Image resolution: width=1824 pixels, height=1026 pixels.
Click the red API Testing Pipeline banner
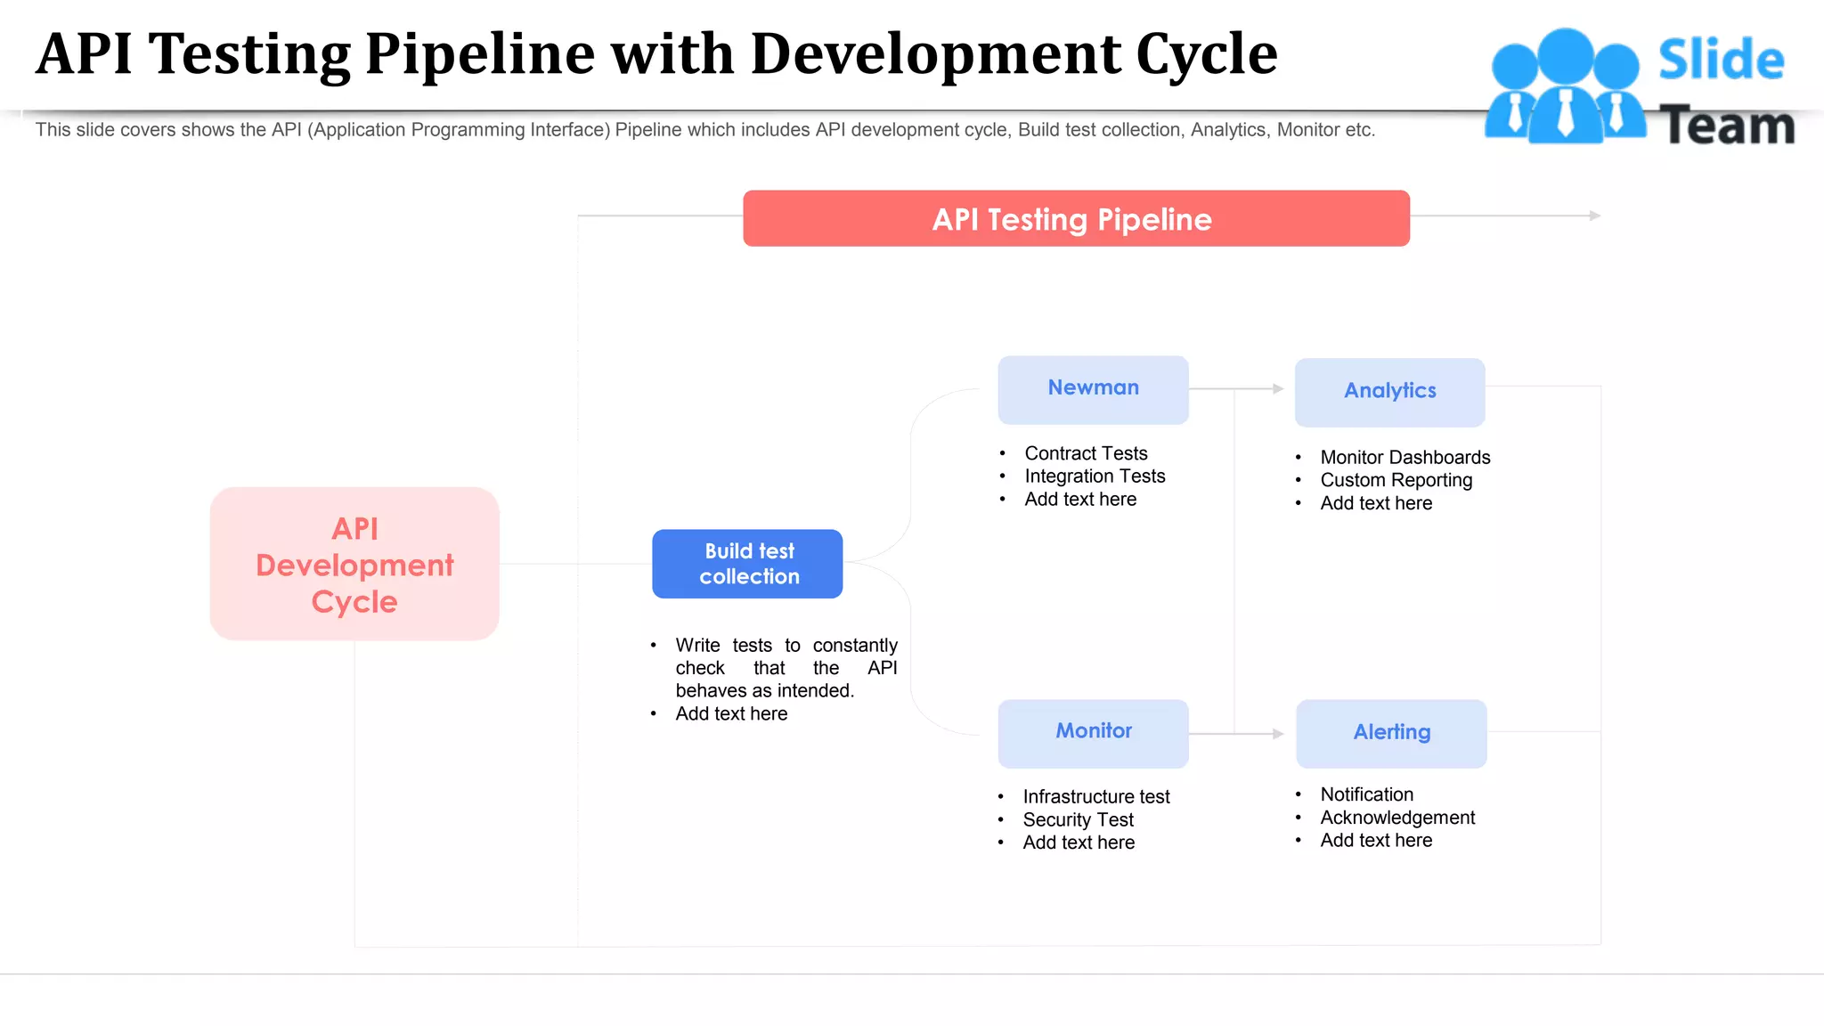(1076, 219)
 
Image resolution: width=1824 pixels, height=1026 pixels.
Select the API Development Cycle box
(354, 564)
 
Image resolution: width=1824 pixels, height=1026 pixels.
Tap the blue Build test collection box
(747, 564)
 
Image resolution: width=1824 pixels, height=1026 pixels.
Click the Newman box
(1093, 389)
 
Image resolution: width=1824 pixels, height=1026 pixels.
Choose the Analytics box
(1389, 392)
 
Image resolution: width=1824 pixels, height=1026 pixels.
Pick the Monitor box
(1093, 733)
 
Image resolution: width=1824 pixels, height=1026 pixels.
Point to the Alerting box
(1391, 733)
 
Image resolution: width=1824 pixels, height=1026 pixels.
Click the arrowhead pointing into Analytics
(1278, 389)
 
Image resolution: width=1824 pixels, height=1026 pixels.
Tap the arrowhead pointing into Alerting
(1278, 734)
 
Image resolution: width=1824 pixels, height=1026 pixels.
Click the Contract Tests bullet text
(1086, 453)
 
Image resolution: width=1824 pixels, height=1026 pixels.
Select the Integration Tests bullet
(1095, 476)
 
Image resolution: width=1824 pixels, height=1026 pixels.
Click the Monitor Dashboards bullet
(1405, 457)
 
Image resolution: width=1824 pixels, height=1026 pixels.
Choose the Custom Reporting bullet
(1396, 480)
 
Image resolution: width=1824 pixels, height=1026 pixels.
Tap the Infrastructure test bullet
(1096, 797)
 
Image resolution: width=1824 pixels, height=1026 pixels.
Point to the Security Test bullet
(1078, 820)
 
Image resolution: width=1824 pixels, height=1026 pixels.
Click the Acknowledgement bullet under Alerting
(1397, 818)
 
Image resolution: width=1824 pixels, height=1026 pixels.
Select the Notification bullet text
(1366, 794)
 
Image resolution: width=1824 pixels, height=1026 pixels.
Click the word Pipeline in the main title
(480, 55)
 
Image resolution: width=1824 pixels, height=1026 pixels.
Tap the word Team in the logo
(1727, 126)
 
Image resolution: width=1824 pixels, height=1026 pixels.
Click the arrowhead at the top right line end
(1595, 216)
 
